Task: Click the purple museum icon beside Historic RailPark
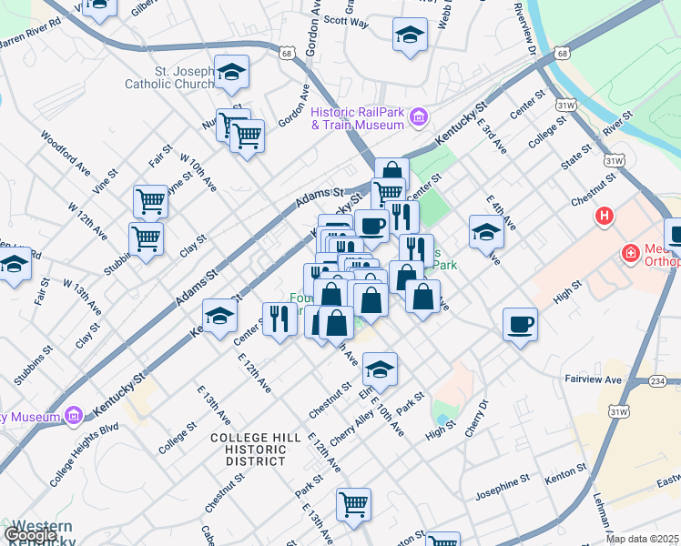418,116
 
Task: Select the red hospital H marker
603,217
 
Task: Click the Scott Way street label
346,21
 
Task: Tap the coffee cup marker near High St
520,324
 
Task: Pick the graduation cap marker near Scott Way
410,35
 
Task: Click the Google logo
29,535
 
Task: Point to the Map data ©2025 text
642,539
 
